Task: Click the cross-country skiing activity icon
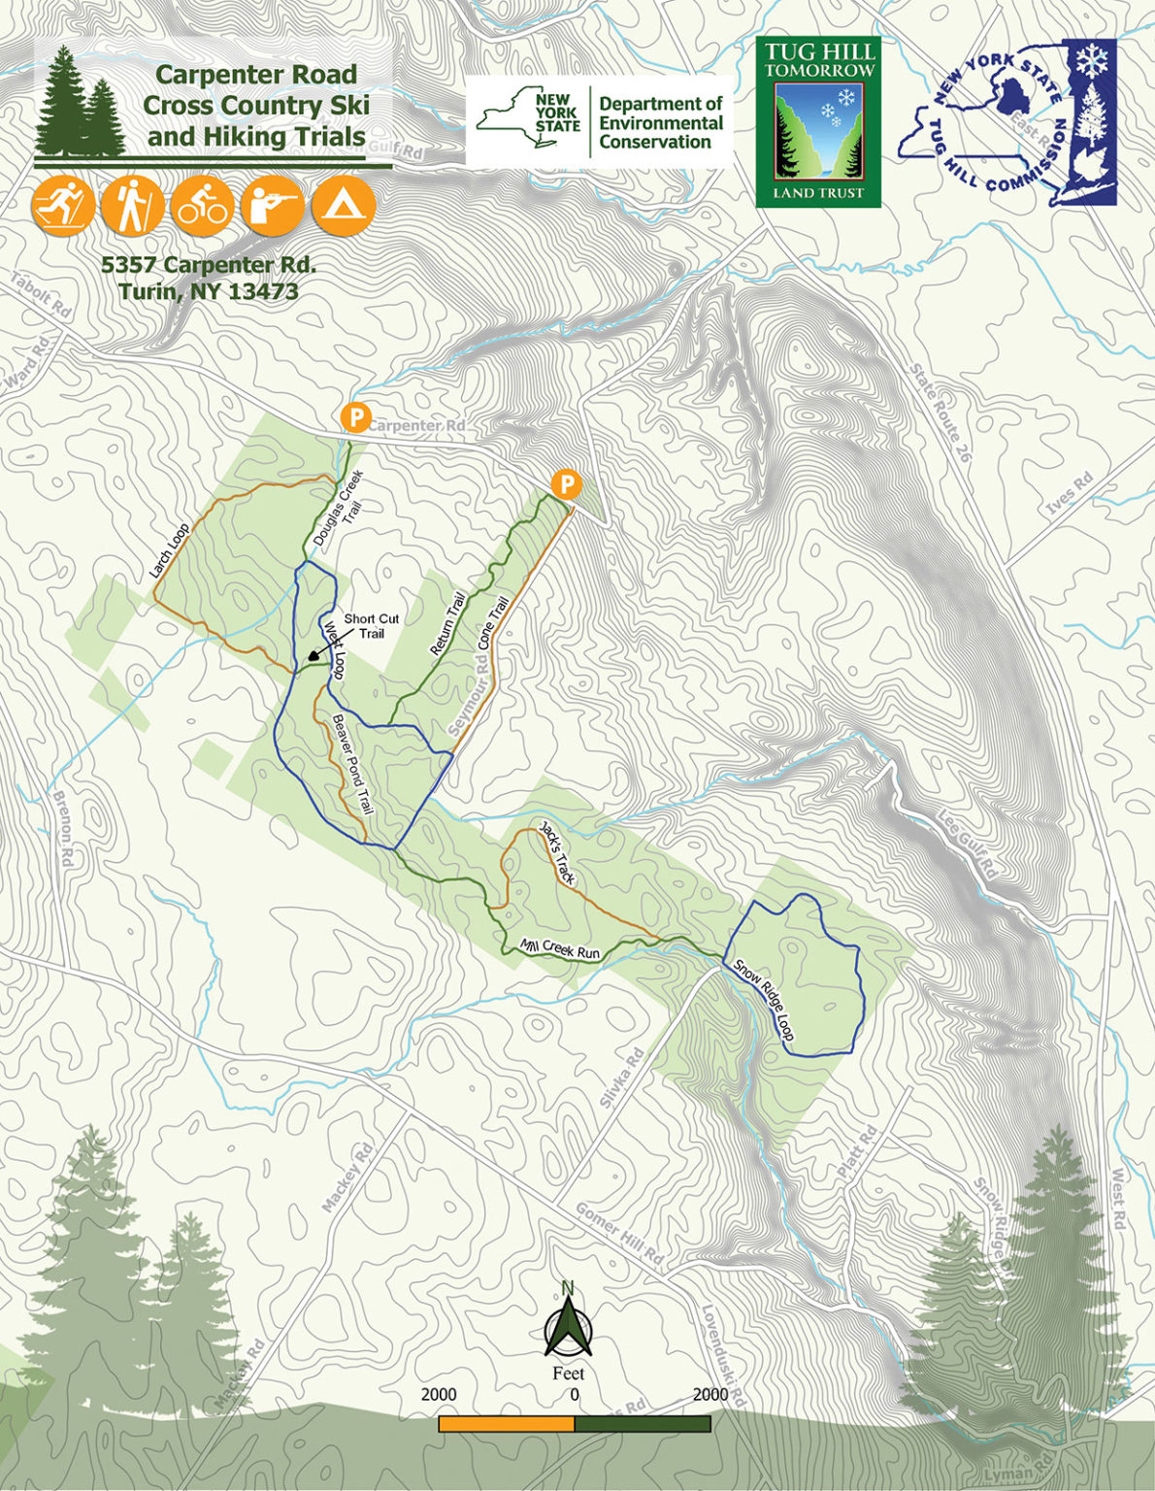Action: (x=63, y=206)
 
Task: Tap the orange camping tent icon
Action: (x=343, y=206)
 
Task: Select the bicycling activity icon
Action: (x=203, y=206)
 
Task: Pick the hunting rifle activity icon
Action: (x=273, y=206)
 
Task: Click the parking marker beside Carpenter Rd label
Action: (x=356, y=417)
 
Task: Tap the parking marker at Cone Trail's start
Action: (x=565, y=484)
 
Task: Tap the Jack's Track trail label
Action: (x=558, y=854)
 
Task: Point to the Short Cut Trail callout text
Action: (x=371, y=626)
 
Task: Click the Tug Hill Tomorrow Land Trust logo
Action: (x=818, y=123)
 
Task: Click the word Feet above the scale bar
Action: (x=568, y=1373)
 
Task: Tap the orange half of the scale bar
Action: (x=506, y=1424)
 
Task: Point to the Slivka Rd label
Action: (x=622, y=1078)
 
